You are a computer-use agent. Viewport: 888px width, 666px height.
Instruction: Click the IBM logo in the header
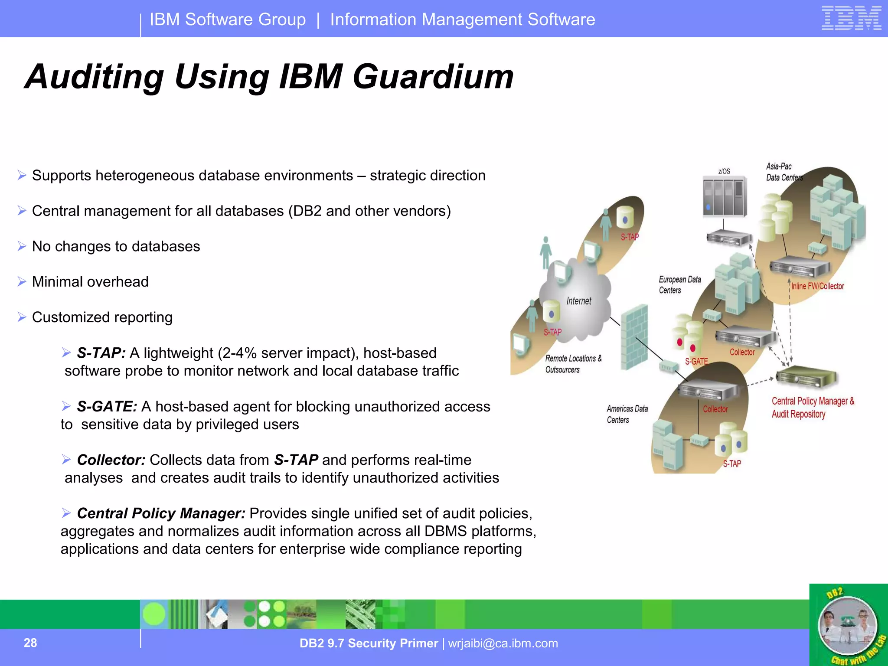coord(851,19)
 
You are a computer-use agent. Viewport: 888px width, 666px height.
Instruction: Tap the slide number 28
coord(30,643)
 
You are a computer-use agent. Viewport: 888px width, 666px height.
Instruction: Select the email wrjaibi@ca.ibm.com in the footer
coord(503,643)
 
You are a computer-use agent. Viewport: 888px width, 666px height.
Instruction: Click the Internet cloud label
coord(578,301)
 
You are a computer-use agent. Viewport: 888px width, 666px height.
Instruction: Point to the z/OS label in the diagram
coord(724,171)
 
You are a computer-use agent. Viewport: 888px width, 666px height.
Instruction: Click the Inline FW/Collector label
coord(817,286)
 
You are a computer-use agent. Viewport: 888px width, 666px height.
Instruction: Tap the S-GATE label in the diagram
coord(696,361)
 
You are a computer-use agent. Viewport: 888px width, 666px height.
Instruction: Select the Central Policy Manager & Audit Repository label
coord(812,407)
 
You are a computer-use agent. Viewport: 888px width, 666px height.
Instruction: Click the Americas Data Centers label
coord(627,414)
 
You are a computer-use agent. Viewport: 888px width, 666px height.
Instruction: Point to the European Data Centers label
coord(679,285)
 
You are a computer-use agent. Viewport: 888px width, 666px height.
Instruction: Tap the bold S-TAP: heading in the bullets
coord(101,353)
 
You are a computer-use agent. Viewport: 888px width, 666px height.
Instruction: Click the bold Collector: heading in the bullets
coord(111,460)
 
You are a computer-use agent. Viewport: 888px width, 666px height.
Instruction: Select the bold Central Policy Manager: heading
coord(161,513)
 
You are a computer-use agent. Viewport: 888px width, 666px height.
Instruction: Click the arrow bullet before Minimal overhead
coord(22,282)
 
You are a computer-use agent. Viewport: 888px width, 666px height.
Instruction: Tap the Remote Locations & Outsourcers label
coord(573,364)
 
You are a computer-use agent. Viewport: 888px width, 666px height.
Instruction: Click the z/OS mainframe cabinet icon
coord(725,196)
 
